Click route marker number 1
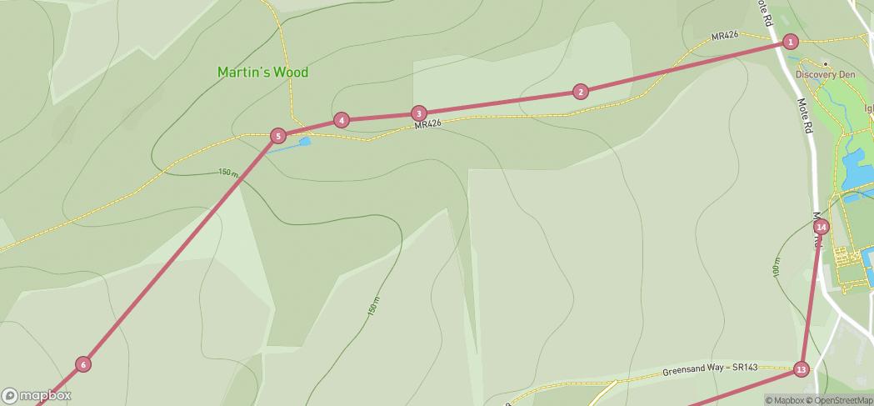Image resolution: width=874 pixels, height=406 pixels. tap(791, 42)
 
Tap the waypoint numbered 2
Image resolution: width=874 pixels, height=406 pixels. tap(581, 92)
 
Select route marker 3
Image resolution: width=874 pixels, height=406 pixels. tap(419, 113)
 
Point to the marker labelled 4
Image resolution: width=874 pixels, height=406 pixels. tap(341, 120)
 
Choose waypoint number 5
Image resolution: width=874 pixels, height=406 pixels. tap(279, 136)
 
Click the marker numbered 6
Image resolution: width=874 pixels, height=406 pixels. tap(82, 364)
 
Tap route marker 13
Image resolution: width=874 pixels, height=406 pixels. tap(801, 369)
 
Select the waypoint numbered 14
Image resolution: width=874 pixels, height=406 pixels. tap(822, 227)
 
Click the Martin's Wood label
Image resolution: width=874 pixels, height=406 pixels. tap(262, 73)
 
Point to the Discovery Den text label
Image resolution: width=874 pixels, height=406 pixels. tap(825, 75)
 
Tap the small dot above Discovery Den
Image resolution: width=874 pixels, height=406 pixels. tap(825, 64)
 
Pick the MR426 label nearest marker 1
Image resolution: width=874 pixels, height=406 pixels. tap(725, 36)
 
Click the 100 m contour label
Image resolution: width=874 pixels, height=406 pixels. tap(776, 267)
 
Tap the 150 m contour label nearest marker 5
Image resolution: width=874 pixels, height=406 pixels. tap(228, 173)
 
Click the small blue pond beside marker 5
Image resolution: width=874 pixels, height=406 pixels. tap(305, 142)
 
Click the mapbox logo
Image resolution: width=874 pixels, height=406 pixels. tap(37, 395)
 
